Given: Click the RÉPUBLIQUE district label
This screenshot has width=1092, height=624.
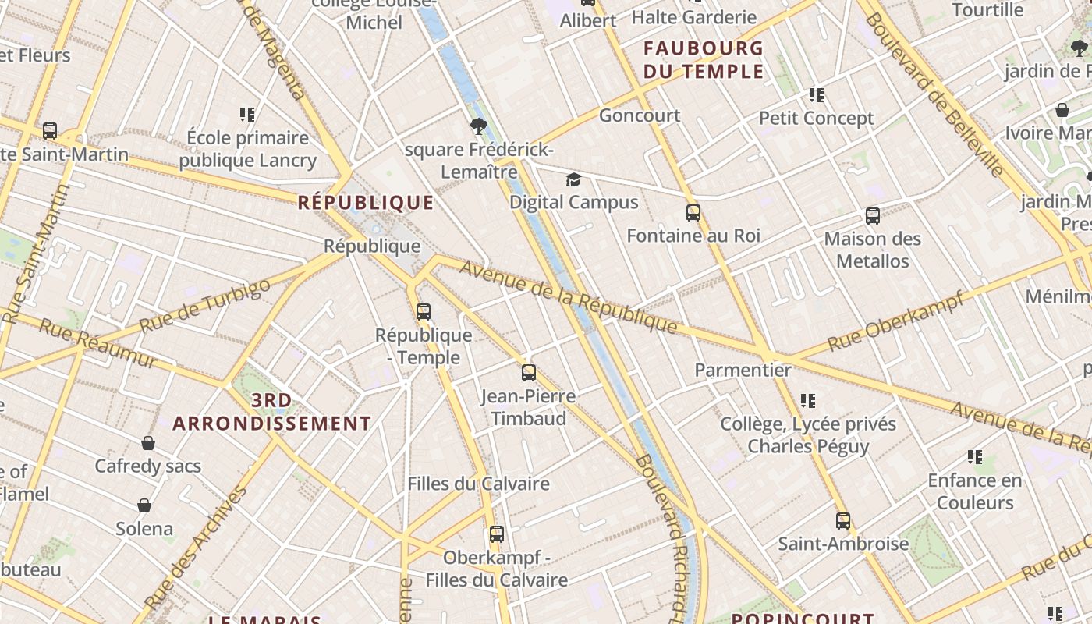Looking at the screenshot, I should pyautogui.click(x=366, y=203).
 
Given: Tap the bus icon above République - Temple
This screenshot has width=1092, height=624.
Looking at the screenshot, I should pyautogui.click(x=424, y=312).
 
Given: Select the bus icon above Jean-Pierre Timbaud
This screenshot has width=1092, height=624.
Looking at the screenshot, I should pyautogui.click(x=529, y=373).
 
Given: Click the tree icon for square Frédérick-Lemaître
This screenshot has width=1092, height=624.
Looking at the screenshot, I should pyautogui.click(x=479, y=126).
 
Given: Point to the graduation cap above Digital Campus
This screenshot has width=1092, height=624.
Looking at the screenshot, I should pyautogui.click(x=573, y=180).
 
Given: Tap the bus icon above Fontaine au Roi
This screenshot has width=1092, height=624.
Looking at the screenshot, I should pyautogui.click(x=693, y=213).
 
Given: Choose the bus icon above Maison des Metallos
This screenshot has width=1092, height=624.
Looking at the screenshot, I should pyautogui.click(x=873, y=216).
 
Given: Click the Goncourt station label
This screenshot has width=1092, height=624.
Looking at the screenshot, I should pyautogui.click(x=640, y=115).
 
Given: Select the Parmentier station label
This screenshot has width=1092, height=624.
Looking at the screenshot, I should pyautogui.click(x=743, y=370).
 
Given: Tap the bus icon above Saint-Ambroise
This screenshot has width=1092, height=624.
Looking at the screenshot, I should pyautogui.click(x=843, y=521).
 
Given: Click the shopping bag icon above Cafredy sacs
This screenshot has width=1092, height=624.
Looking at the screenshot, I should pyautogui.click(x=148, y=443).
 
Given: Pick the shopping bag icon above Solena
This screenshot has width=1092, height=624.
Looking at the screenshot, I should pyautogui.click(x=144, y=505).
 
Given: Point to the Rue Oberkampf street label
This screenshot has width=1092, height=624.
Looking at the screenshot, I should pyautogui.click(x=895, y=321).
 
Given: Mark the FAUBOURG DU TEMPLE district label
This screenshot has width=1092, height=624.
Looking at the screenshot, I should pyautogui.click(x=704, y=60).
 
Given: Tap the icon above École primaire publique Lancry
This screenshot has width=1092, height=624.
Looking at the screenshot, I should pyautogui.click(x=248, y=115).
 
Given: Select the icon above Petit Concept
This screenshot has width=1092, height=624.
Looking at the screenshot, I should pyautogui.click(x=817, y=95).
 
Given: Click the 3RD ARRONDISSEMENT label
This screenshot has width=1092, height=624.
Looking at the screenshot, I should pyautogui.click(x=271, y=413).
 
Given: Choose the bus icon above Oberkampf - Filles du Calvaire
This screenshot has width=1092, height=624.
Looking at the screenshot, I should pyautogui.click(x=497, y=534).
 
